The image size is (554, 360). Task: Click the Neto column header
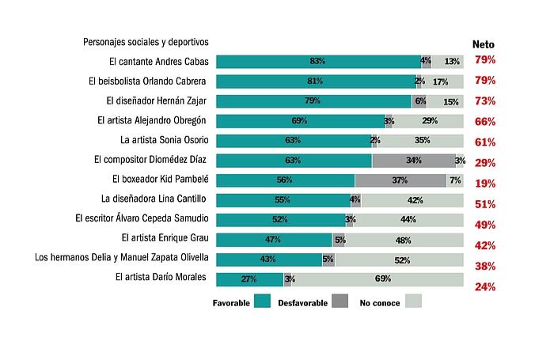tap(484, 44)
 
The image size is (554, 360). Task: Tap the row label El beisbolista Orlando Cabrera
tap(148, 81)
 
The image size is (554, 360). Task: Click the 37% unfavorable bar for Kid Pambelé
tap(400, 180)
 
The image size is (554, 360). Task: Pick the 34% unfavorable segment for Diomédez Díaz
tap(413, 160)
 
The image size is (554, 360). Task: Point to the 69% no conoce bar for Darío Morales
tap(378, 279)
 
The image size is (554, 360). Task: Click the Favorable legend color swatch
tap(263, 301)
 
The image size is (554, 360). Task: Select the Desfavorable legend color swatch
tap(340, 301)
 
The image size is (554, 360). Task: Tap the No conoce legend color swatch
tap(413, 301)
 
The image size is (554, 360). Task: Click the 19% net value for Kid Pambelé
tap(484, 184)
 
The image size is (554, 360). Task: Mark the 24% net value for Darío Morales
tap(484, 287)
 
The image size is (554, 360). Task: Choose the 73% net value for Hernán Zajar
tap(484, 101)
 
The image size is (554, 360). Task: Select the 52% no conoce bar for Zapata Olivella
tap(399, 259)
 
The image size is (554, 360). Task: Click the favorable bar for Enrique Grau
tap(274, 239)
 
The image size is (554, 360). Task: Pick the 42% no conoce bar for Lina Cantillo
tap(412, 199)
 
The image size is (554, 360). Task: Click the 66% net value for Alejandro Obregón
tap(484, 122)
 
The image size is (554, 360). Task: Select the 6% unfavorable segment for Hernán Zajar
tap(419, 100)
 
